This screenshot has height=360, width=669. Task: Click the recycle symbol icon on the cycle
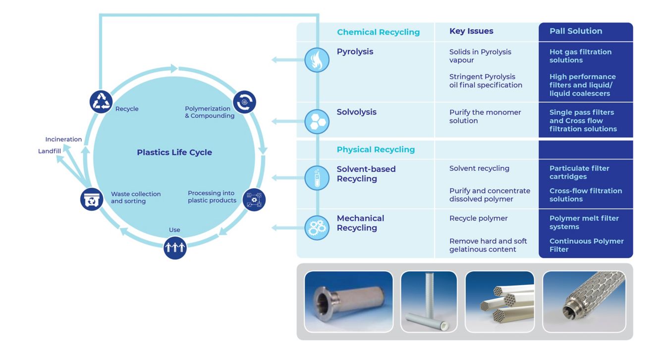point(101,102)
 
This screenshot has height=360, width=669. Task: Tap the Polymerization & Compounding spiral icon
point(245,102)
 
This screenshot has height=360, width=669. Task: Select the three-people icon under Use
point(175,248)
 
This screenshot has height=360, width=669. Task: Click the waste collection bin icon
point(92,200)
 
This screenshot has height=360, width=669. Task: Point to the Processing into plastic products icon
point(254,200)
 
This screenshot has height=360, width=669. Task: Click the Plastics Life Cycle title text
point(174,152)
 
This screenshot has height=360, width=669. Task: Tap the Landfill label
point(49,151)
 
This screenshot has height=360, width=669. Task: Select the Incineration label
point(63,139)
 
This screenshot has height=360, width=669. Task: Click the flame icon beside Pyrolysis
point(317,60)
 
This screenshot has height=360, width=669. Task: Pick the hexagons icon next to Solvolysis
point(317,121)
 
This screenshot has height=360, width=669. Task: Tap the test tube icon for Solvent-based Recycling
point(317,178)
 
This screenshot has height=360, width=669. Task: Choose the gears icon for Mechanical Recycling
point(317,228)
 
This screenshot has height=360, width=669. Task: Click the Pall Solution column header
point(576,31)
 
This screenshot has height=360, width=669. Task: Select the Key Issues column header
point(471,31)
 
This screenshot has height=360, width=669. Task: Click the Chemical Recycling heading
point(379,32)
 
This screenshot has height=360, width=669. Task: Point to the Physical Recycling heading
point(376,149)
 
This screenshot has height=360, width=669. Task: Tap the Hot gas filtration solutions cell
point(581,56)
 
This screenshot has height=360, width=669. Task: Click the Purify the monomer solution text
point(485,116)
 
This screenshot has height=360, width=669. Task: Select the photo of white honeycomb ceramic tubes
point(500,302)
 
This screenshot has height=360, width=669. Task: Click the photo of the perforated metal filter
point(584,302)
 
